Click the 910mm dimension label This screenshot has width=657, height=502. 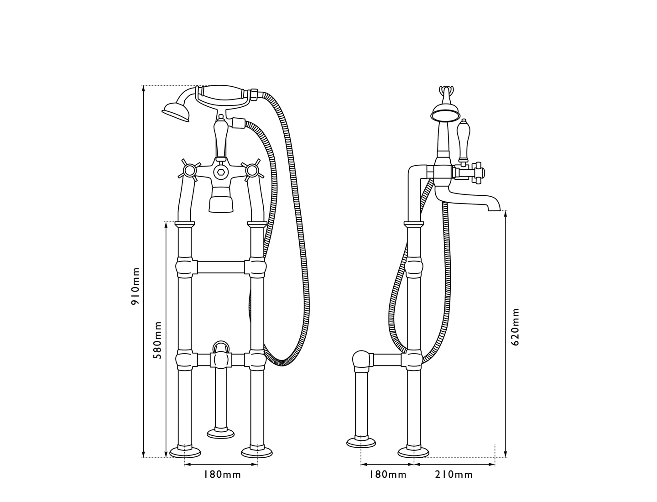(x=136, y=286)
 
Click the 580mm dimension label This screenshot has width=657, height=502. (x=157, y=340)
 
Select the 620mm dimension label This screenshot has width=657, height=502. (x=515, y=326)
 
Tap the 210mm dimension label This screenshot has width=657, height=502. (x=454, y=475)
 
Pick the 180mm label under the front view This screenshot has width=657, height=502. (x=222, y=475)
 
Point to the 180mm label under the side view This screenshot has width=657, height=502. (x=388, y=475)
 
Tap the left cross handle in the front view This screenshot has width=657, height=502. (x=188, y=171)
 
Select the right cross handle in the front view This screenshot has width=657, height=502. (x=251, y=171)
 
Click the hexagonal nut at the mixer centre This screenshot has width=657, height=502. (x=221, y=173)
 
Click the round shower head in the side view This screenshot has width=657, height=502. (x=444, y=112)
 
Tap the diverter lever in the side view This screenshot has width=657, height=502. (x=464, y=139)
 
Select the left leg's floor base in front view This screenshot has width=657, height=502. (x=185, y=452)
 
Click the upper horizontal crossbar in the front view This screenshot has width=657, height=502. (x=221, y=267)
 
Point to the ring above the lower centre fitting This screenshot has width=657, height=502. (x=221, y=345)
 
